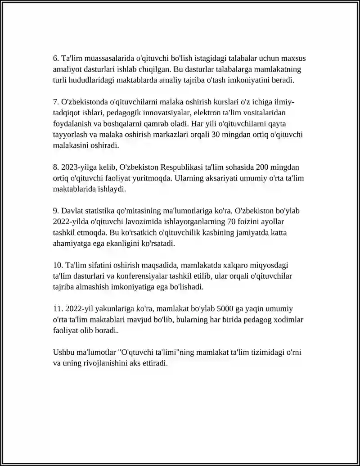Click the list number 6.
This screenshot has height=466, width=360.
click(56, 59)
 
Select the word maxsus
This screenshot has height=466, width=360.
click(294, 59)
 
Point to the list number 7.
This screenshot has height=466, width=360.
click(56, 102)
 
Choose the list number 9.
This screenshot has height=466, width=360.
click(56, 211)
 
